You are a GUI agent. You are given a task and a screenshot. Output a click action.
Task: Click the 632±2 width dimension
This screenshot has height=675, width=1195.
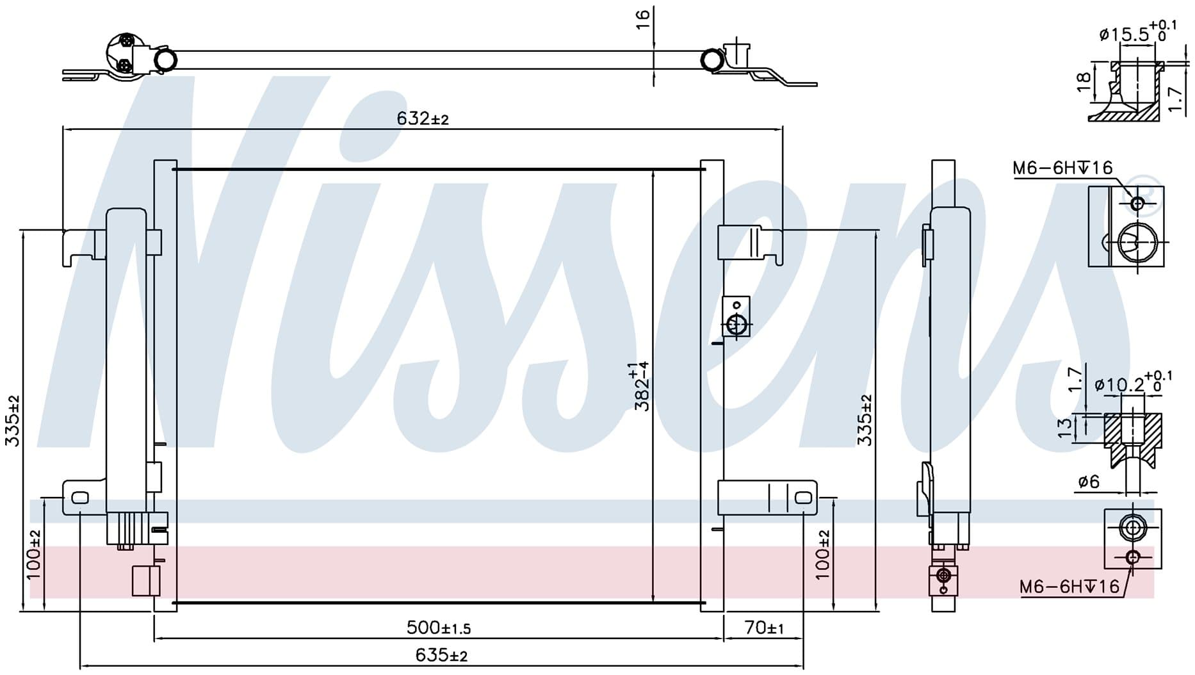[x=423, y=118]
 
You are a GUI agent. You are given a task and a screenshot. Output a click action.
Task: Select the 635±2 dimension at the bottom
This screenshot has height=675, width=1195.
[x=441, y=655]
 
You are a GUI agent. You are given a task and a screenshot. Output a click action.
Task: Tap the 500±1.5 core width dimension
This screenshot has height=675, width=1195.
[x=439, y=628]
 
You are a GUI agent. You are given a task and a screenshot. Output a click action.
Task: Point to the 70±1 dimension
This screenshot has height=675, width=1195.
[x=764, y=628]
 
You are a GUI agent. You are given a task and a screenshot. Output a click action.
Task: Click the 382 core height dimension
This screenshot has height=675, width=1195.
[x=641, y=386]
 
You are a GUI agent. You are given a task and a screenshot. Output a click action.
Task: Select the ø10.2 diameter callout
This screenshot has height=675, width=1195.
[x=1133, y=382]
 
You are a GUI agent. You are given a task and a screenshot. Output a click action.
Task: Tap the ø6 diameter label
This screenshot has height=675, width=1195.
[x=1088, y=482]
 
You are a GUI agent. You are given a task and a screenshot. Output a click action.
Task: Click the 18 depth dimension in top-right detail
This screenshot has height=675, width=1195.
[x=1083, y=81]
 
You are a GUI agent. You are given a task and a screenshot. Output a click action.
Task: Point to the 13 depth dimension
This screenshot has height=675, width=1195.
[x=1064, y=427]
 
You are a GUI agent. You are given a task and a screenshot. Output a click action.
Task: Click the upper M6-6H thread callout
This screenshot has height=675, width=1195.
[x=1062, y=168]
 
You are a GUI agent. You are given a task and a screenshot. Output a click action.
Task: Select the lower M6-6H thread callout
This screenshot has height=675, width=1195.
[x=1069, y=587]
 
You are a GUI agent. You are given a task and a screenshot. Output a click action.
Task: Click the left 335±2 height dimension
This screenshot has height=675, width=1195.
[x=13, y=421]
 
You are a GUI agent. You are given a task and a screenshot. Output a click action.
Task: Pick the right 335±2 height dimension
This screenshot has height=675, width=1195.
[x=865, y=420]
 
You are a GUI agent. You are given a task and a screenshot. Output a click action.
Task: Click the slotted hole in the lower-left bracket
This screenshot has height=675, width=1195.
[x=79, y=498]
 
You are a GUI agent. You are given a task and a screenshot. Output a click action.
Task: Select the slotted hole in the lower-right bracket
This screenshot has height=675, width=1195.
[x=803, y=498]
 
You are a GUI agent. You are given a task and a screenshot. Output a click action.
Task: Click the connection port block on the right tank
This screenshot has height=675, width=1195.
[x=736, y=316]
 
